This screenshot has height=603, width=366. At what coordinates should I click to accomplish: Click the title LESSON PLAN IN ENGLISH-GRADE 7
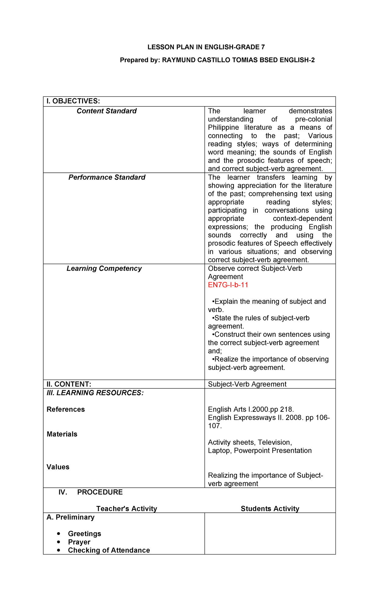(x=206, y=47)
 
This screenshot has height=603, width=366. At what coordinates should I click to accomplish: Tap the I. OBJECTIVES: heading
(x=73, y=101)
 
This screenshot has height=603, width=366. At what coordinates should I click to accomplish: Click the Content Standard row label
(x=106, y=111)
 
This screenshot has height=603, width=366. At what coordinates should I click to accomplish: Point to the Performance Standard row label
(x=107, y=177)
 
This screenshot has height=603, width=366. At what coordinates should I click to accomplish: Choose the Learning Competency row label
(x=104, y=269)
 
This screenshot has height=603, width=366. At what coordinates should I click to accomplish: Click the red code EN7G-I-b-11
(x=228, y=285)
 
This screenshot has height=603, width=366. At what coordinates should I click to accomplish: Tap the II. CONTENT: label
(x=69, y=384)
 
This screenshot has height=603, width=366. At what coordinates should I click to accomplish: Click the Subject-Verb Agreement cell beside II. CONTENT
(x=247, y=384)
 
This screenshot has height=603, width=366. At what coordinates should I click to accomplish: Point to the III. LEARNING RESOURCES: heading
(x=95, y=393)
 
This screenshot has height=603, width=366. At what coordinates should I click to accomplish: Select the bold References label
(x=66, y=410)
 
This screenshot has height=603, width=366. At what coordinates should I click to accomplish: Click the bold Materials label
(x=62, y=434)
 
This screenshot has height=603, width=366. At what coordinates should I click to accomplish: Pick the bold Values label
(x=58, y=467)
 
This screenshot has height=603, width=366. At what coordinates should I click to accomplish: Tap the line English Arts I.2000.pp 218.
(x=251, y=410)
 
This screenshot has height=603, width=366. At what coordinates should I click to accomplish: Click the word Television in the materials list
(x=274, y=442)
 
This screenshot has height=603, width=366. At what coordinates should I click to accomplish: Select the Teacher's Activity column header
(x=127, y=509)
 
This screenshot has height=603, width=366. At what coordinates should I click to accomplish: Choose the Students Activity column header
(x=270, y=509)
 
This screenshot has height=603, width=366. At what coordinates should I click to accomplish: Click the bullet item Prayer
(x=79, y=542)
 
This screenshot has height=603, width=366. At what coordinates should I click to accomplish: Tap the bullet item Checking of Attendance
(x=109, y=551)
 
